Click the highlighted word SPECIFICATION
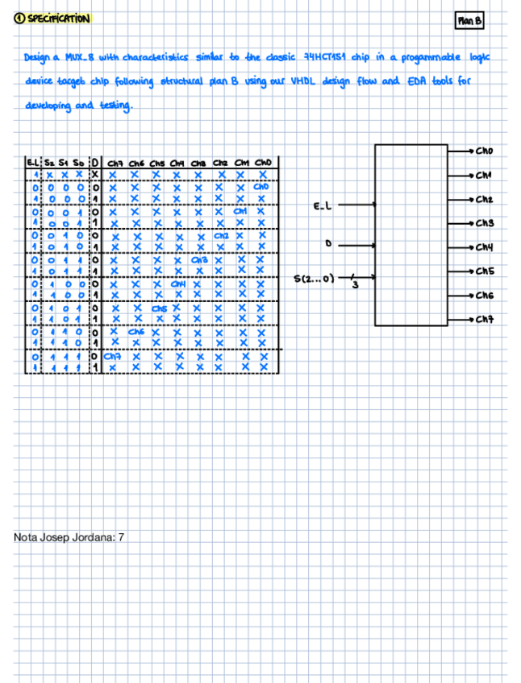tap(58, 19)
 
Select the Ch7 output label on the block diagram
tap(484, 320)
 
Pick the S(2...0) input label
tap(315, 279)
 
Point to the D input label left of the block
tap(328, 242)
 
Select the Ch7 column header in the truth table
tap(114, 163)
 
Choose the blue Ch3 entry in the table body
tap(199, 260)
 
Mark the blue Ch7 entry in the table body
tap(114, 356)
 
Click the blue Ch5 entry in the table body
tap(158, 308)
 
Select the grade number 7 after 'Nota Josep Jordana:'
tap(121, 536)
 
